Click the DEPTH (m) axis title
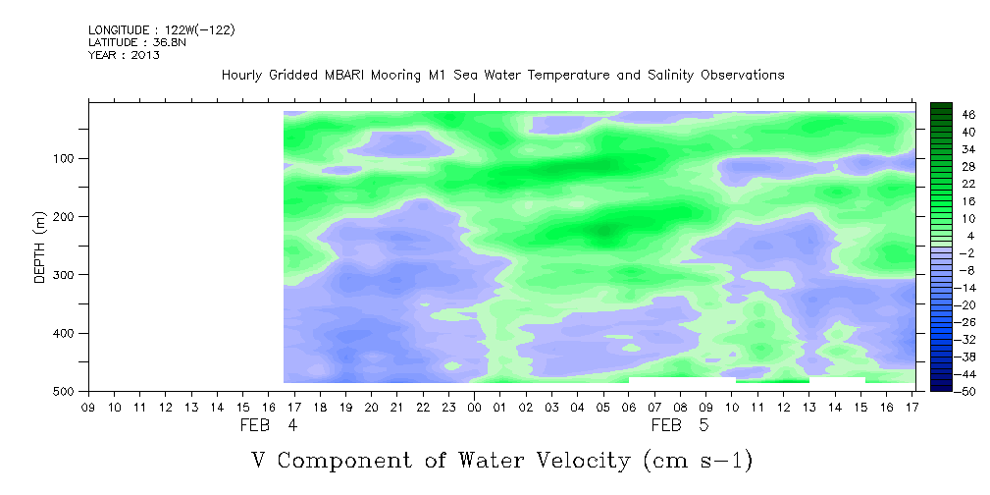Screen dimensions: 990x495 (40, 246)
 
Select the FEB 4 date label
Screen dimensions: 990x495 (268, 425)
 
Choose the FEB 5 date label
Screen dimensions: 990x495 (680, 425)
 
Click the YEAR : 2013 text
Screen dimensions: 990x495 (124, 55)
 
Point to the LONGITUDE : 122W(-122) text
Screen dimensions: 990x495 (162, 29)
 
